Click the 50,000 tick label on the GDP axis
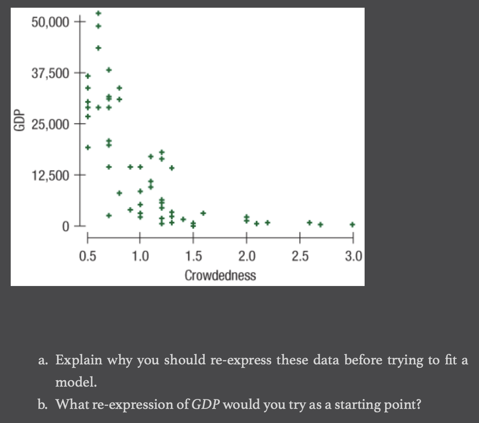(50, 22)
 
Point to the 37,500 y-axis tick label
(50, 74)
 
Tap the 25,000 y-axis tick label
(50, 125)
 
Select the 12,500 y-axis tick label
(50, 176)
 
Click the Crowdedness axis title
(220, 275)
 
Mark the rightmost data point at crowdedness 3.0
(352, 224)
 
